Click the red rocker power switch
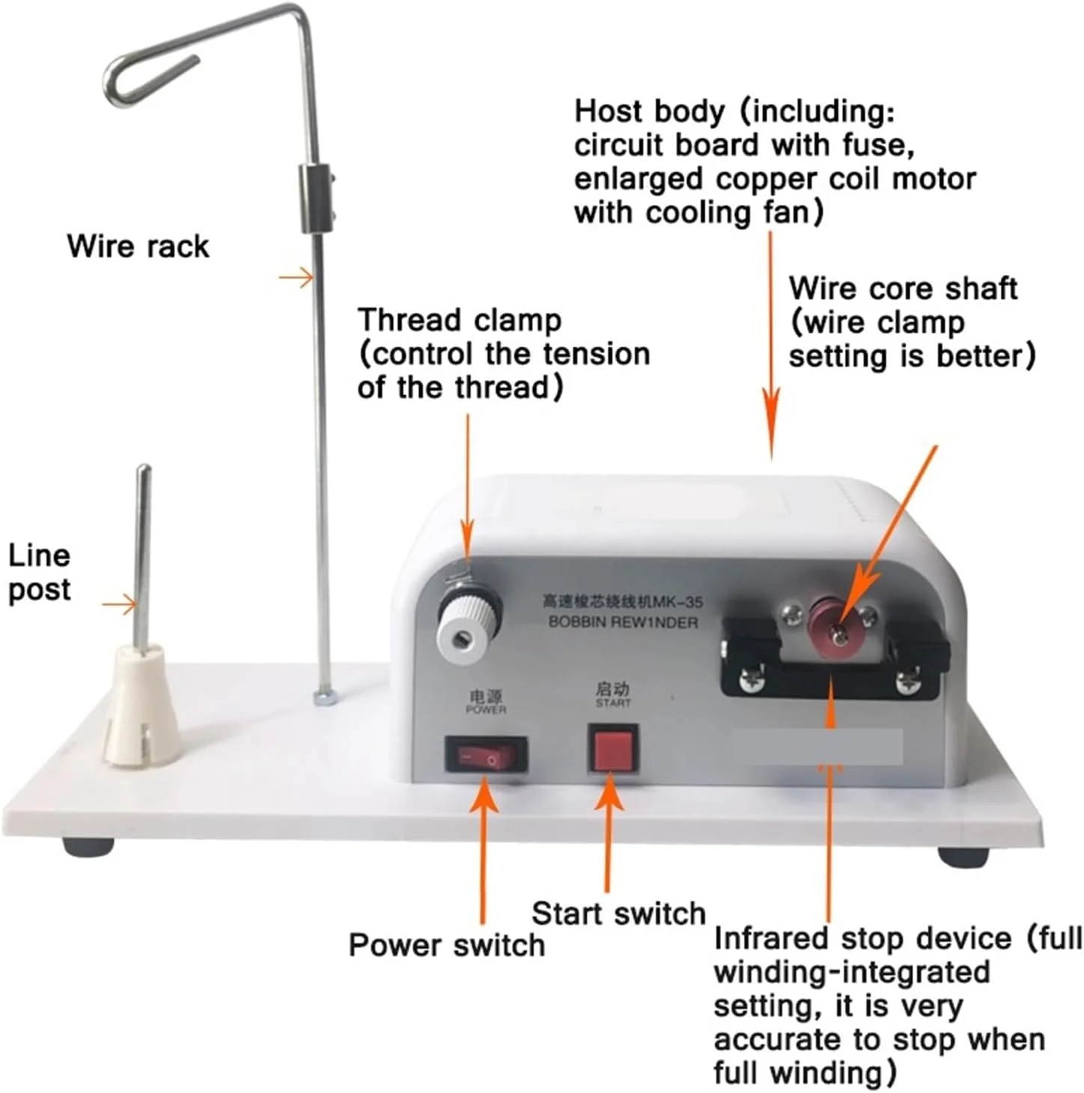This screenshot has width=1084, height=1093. [486, 755]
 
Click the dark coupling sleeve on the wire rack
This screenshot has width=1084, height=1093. [315, 198]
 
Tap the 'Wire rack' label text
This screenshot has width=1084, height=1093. [138, 247]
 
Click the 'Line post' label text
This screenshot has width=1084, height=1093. [39, 574]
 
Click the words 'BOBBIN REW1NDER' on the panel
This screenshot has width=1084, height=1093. [623, 622]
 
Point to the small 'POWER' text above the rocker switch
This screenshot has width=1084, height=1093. [486, 709]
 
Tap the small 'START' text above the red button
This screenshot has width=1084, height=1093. [612, 702]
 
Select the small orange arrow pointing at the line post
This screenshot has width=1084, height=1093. [120, 605]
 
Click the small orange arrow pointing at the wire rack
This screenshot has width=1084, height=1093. [296, 278]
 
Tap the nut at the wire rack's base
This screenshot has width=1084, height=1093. [324, 698]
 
